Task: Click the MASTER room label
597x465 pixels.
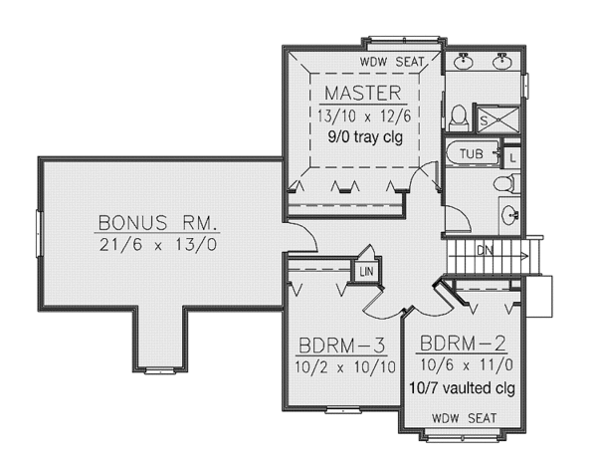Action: coord(363,95)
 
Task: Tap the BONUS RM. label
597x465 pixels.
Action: coord(157,221)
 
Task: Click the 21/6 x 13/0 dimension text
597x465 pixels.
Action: coord(157,244)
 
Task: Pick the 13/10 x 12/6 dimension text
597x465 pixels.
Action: coord(364,116)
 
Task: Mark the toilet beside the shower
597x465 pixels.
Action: coord(459,116)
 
